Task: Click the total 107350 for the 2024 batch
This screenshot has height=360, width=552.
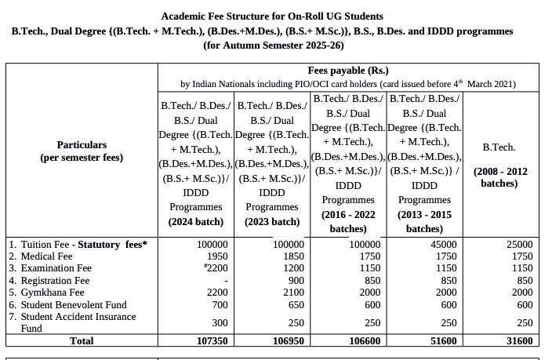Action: pos(212,341)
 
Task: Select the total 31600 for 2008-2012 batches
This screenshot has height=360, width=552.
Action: pos(517,341)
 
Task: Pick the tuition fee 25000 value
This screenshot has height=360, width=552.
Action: pos(517,245)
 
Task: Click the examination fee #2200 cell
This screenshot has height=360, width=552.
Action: pos(215,268)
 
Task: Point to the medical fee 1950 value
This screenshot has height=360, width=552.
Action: pos(217,256)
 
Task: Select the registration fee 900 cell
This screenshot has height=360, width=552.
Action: pos(294,281)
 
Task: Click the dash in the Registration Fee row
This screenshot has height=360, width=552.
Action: pos(225,281)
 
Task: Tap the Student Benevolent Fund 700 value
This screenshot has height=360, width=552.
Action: pos(220,304)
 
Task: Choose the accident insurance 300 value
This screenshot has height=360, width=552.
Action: pos(220,322)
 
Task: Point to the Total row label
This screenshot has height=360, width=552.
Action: pos(82,341)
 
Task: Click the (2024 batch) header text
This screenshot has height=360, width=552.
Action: pos(195,221)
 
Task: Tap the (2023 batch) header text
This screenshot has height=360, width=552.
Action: pos(272,221)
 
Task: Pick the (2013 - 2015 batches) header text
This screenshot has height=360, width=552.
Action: pos(424,221)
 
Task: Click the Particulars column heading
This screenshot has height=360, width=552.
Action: pos(82,145)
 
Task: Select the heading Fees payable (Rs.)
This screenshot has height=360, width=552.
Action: pos(348,71)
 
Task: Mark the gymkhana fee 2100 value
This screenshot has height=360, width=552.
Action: pos(292,293)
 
